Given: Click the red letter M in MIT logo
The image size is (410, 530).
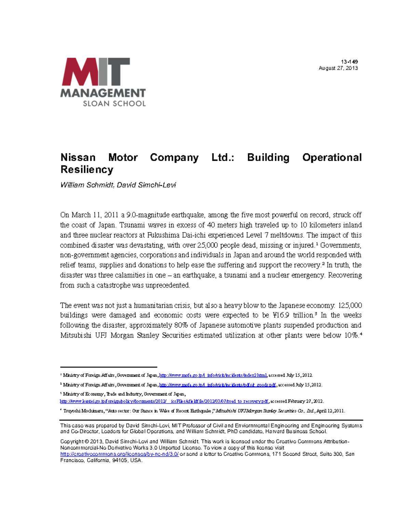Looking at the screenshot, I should (x=78, y=72).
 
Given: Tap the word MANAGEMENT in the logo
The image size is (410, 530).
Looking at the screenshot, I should (x=103, y=93).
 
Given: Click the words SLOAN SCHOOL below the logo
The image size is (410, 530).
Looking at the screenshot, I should (x=114, y=103).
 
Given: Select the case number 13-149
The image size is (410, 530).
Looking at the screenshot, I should (x=349, y=62).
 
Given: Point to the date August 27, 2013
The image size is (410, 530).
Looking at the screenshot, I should (x=338, y=68).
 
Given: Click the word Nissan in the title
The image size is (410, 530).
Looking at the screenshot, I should (x=78, y=157).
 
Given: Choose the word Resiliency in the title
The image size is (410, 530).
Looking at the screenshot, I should (x=87, y=170).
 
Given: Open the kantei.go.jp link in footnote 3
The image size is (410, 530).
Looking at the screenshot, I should (x=164, y=401).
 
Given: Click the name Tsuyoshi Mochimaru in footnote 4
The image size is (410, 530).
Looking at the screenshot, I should (x=83, y=411).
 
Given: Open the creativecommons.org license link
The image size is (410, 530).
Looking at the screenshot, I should (x=119, y=454).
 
